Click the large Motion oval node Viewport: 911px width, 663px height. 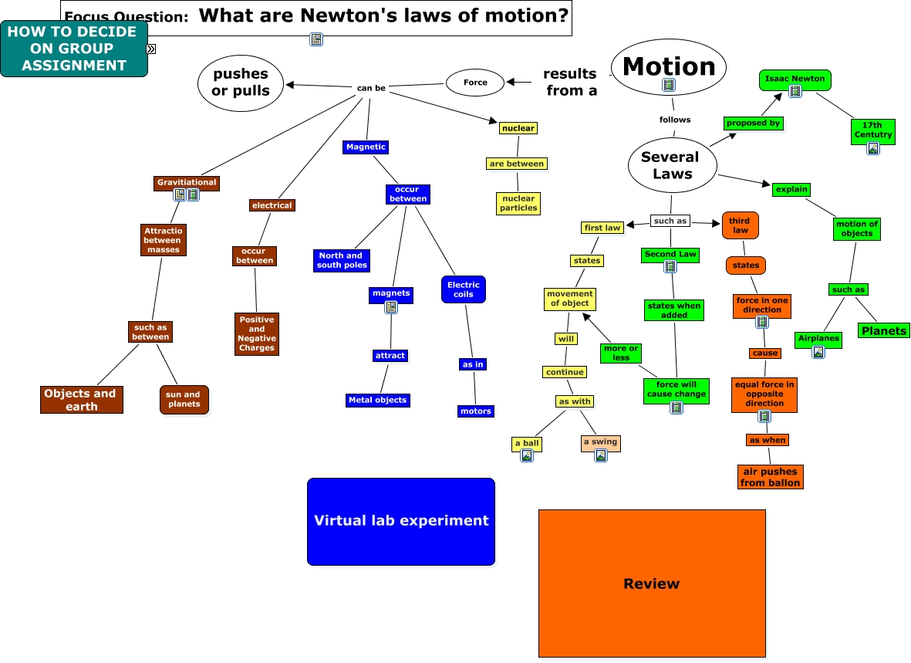coord(668,66)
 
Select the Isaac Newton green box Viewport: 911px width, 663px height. coord(795,79)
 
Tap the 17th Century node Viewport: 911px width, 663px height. coord(872,130)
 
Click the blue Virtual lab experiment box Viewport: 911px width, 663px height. coord(400,521)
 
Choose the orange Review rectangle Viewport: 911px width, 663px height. coord(651,584)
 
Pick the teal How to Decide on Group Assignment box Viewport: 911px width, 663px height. coord(73,49)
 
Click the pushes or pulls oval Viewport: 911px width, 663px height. coord(241,82)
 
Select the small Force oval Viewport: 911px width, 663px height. coord(475,83)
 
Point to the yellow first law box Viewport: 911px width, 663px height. coord(602,228)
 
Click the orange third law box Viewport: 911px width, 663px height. coord(740,225)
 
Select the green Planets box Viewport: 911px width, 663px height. coord(884,330)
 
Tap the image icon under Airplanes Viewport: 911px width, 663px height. coord(818,352)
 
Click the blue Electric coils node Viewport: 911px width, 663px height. coord(463,289)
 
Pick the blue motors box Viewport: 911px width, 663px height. coord(475,411)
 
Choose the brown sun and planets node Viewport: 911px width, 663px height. coord(184,399)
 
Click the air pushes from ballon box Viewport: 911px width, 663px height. coord(769,477)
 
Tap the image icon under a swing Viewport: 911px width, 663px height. coord(600,455)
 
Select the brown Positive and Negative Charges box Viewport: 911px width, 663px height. coord(256,333)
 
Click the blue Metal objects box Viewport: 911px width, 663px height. coord(377,400)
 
